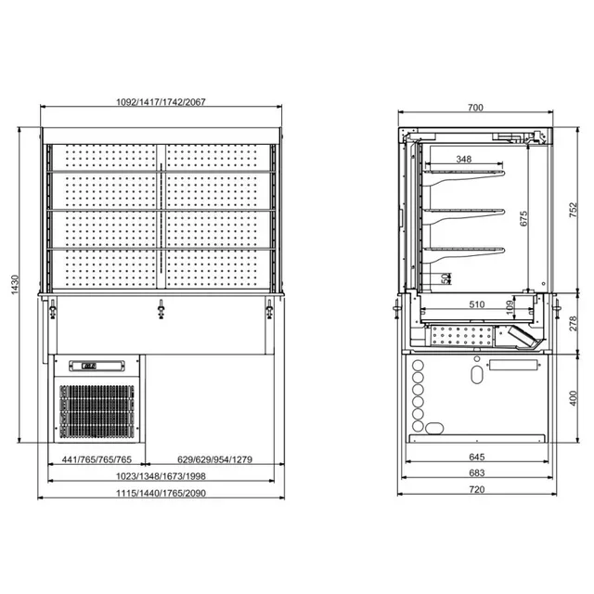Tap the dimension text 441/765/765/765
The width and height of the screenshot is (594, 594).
(94, 459)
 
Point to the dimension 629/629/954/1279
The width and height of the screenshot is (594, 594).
(216, 459)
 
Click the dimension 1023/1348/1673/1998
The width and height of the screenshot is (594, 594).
(161, 476)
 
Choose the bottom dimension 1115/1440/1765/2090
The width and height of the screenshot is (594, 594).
(161, 493)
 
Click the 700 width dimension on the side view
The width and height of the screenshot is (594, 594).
(475, 108)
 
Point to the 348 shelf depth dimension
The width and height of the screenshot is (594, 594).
(470, 160)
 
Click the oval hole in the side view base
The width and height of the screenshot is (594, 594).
(477, 374)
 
